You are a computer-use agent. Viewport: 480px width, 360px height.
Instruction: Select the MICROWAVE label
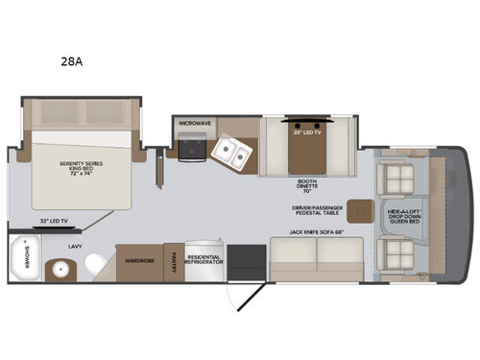194,123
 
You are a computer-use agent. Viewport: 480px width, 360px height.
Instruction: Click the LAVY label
73,246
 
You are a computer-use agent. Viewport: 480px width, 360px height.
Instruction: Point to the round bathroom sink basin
61,269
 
